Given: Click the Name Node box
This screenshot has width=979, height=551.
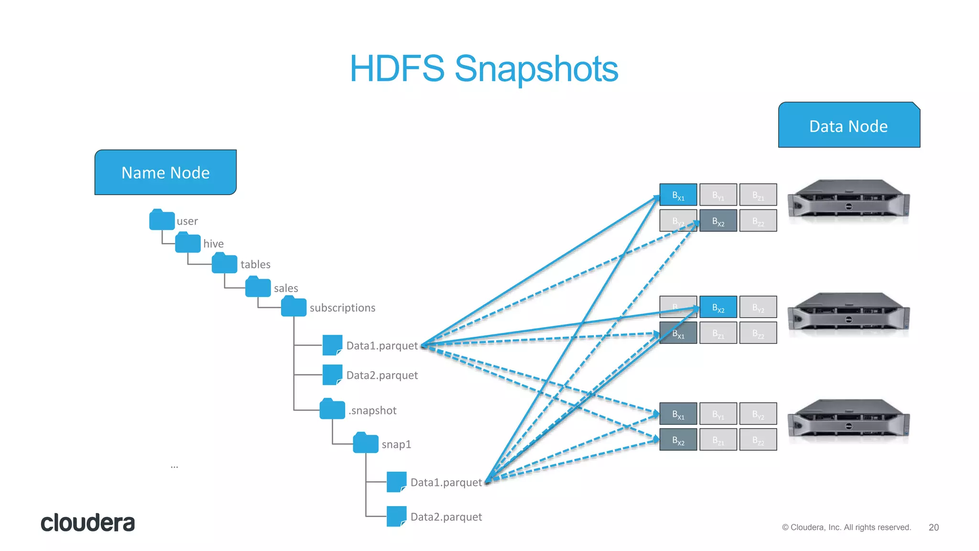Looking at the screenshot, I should [x=165, y=172].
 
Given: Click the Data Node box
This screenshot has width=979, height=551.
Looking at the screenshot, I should [x=848, y=125].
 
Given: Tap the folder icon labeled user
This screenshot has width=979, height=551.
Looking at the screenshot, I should [x=162, y=220].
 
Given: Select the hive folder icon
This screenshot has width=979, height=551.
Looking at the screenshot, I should [x=187, y=242].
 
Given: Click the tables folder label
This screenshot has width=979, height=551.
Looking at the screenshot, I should [x=255, y=264].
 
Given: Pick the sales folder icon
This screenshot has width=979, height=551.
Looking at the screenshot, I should [x=258, y=287].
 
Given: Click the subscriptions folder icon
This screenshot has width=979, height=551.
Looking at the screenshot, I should [x=294, y=307].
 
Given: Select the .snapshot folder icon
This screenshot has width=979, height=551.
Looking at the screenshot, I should [x=332, y=409].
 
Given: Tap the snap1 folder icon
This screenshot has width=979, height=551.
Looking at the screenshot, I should [x=365, y=443].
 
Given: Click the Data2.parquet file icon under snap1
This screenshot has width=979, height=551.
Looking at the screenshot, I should [x=396, y=517].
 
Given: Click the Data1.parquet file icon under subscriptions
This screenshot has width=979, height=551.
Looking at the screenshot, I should [x=332, y=345].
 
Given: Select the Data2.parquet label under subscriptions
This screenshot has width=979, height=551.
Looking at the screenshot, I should [x=382, y=375].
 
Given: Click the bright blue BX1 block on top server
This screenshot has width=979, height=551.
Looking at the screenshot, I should [x=678, y=195].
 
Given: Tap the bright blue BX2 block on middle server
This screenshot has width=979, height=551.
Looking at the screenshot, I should [x=718, y=307].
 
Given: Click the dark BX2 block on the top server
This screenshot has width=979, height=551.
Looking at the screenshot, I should [x=718, y=220].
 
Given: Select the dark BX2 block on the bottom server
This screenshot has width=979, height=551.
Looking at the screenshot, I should [x=678, y=440].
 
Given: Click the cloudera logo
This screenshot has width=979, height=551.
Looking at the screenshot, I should [x=87, y=523].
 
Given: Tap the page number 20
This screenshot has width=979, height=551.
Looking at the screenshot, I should [x=933, y=527].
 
